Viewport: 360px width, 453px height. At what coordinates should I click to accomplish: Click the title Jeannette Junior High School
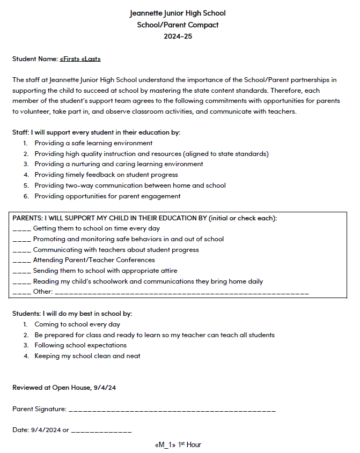click(178, 13)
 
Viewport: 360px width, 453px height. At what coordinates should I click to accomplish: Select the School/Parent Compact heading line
click(178, 25)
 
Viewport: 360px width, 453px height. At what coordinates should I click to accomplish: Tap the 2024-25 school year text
click(178, 36)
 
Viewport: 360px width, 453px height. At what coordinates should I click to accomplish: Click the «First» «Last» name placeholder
click(80, 58)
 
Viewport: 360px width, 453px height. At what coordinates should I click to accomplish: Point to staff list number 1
click(25, 143)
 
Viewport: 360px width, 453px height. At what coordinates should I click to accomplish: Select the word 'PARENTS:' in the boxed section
click(27, 218)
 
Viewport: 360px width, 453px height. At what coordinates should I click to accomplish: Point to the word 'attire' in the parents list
click(167, 271)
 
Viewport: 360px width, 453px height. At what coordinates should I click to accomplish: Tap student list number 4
click(25, 356)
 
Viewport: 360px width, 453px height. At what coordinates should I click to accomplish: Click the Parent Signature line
click(172, 410)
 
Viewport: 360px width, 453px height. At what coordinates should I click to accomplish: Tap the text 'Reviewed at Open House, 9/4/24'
click(64, 387)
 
